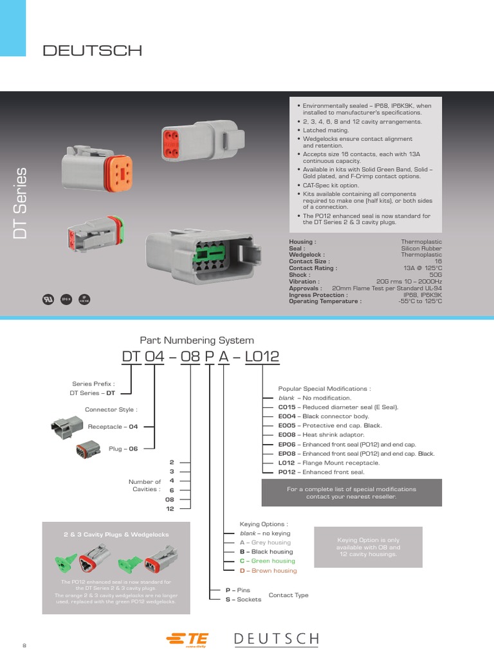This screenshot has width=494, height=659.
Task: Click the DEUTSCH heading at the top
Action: click(x=92, y=51)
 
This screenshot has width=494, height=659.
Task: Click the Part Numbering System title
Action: click(x=197, y=340)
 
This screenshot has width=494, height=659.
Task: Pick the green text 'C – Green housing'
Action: click(x=268, y=561)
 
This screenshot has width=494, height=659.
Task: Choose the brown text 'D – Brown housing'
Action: click(x=268, y=571)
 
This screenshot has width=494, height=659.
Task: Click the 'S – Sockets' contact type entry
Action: click(x=243, y=600)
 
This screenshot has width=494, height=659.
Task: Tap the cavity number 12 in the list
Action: click(x=170, y=508)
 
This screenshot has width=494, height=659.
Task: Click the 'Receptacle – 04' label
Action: click(x=113, y=426)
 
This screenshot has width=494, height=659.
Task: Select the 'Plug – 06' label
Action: click(x=123, y=449)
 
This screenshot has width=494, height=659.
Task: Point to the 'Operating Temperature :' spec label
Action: click(x=325, y=301)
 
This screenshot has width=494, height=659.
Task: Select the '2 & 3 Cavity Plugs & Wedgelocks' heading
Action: click(x=116, y=535)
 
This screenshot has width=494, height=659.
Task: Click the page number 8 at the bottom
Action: click(x=24, y=645)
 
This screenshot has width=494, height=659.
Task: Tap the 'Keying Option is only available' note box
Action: click(x=369, y=547)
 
